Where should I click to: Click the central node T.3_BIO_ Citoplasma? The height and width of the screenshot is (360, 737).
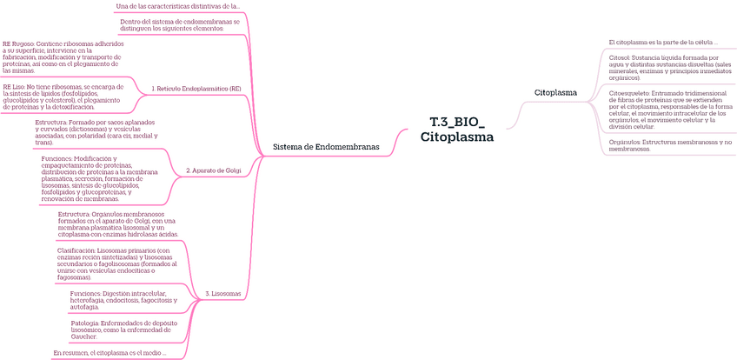456,130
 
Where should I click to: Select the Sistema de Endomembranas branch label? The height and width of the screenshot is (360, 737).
326,147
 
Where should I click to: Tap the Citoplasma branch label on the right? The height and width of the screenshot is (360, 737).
555,91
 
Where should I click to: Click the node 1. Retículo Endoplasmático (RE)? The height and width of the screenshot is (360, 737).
196,89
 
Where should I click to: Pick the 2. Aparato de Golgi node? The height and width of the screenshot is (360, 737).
213,170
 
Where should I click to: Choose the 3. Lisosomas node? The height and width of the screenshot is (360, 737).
222,295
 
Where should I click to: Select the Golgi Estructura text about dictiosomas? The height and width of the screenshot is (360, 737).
96,131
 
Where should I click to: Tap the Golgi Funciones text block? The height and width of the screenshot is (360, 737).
99,179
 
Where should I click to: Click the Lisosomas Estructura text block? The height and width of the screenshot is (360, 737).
118,223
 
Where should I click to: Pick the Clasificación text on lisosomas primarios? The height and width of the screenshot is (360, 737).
116,263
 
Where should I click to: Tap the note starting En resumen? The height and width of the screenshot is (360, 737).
121,352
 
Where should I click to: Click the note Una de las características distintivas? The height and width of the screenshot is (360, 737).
178,6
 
